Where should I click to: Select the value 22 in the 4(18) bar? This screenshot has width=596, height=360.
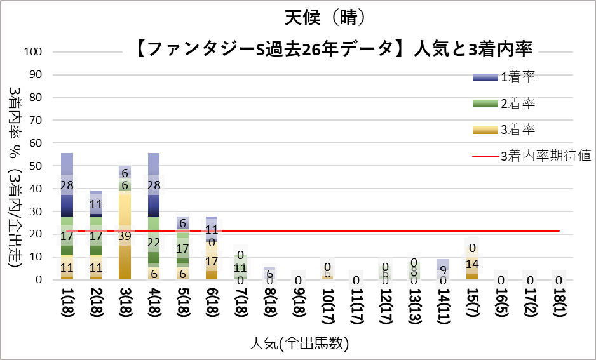153,242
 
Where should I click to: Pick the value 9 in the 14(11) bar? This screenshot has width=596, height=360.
443,269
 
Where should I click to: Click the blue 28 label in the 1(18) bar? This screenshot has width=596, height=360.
67,185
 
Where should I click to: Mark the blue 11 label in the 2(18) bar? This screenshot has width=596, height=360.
96,204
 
